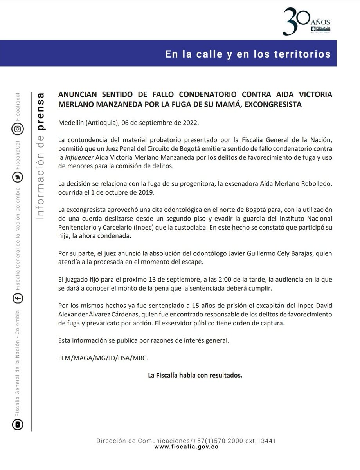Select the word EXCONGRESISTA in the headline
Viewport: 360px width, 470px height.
coord(267,105)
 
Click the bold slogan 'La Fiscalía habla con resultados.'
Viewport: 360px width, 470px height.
coord(195,375)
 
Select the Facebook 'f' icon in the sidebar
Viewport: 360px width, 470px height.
coord(18,298)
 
